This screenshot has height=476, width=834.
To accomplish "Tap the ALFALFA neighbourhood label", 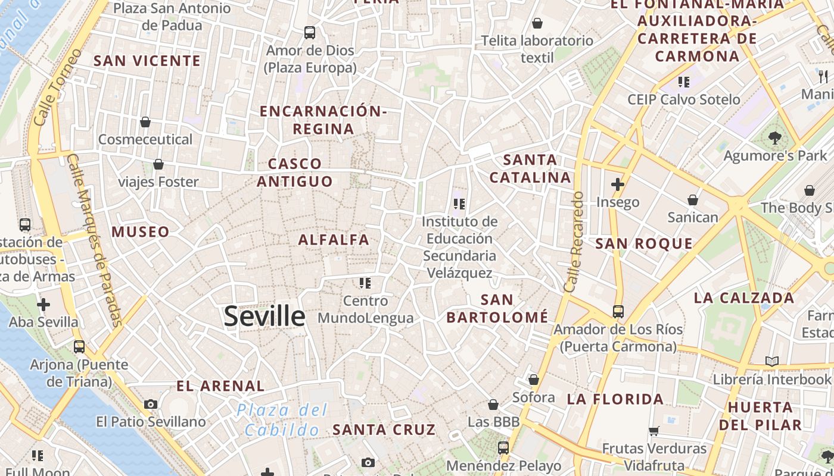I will coord(334,240).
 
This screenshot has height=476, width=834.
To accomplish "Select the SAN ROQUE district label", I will coord(644,243).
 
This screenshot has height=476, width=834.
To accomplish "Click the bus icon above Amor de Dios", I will coord(309,33).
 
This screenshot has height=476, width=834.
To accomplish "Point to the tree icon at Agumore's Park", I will coord(774,139).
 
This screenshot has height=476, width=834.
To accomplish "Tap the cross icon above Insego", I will coord(618,184).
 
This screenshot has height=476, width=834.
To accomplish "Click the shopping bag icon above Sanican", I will coord(692,200).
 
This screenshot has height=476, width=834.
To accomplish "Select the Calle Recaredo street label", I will coord(574,242).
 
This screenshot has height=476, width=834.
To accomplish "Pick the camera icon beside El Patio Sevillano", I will coord(151,405).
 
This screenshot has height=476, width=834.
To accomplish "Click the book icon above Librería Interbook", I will coord(771,361).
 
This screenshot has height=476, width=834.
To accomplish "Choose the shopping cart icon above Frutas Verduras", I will coord(653,431).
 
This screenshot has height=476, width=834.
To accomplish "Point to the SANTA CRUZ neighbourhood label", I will coord(384,430).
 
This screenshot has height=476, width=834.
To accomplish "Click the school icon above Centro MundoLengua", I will coord(365,283).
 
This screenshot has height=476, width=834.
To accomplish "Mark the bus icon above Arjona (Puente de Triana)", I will coord(79,346).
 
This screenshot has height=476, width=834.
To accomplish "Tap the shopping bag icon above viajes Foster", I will coord(158,164).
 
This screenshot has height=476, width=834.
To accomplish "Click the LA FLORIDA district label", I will coord(615,399).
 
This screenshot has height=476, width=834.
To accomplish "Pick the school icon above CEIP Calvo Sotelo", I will coord(683,82).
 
